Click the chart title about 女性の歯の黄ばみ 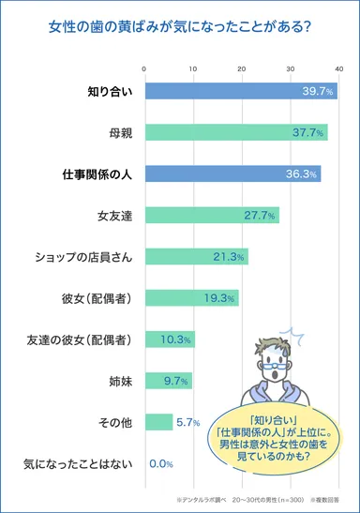tap(179, 25)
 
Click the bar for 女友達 tap(212, 216)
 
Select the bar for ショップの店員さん tap(196, 256)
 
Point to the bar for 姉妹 tap(168, 380)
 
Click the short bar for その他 tap(158, 421)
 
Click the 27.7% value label tap(260, 216)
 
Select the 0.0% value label tap(161, 463)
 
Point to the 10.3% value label tap(175, 339)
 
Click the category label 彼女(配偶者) tap(96, 298)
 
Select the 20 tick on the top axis tap(242, 68)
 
